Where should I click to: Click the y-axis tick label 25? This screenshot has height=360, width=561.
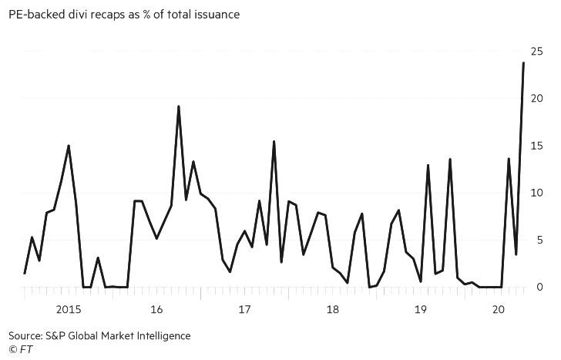click(x=536, y=52)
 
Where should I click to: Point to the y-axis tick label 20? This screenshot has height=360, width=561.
click(x=536, y=99)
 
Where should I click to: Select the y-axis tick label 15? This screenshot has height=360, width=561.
click(x=536, y=146)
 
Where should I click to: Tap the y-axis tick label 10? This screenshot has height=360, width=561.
click(x=536, y=193)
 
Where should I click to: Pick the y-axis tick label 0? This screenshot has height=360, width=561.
click(x=539, y=287)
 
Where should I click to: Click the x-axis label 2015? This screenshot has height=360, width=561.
click(x=69, y=310)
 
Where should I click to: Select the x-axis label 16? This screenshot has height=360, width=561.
click(x=156, y=310)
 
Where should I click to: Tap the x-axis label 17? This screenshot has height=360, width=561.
click(x=244, y=310)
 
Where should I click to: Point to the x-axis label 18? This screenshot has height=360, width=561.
click(x=333, y=310)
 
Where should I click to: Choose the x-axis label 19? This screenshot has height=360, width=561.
click(x=421, y=310)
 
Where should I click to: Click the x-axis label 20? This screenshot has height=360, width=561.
click(x=498, y=310)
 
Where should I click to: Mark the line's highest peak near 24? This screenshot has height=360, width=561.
click(x=523, y=63)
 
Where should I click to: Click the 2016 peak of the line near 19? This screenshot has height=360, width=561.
click(x=179, y=106)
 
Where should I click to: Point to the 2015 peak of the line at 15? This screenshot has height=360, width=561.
click(x=69, y=146)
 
